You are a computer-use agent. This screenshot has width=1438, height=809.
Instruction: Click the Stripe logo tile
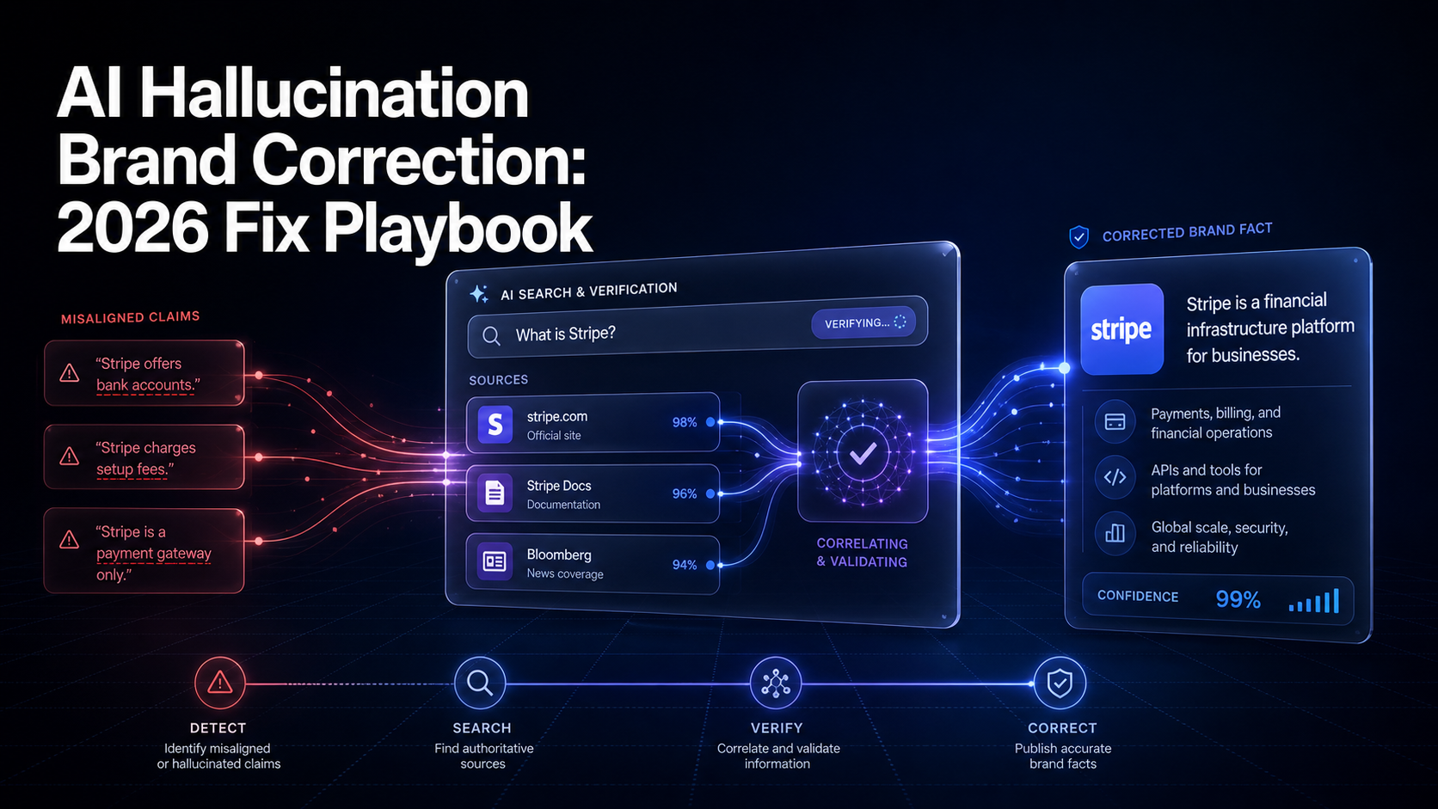1122,329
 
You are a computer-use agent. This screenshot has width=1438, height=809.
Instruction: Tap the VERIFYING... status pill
863,322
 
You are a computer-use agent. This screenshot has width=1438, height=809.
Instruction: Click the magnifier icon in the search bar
491,335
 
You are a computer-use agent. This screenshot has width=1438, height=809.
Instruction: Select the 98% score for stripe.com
685,422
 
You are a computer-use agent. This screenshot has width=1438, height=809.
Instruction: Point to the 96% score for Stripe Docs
685,493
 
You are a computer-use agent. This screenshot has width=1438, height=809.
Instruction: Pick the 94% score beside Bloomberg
685,565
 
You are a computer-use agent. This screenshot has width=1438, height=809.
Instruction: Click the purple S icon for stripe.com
495,424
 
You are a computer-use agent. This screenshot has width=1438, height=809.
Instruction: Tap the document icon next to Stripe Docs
495,493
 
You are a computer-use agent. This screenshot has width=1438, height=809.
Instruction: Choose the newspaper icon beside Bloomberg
495,561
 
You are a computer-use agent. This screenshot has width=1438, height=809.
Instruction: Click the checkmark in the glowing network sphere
863,453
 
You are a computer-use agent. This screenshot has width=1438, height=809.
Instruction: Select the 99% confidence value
1238,599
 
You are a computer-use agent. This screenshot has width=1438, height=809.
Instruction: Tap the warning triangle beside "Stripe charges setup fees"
70,457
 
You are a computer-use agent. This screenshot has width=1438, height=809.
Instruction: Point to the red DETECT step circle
219,683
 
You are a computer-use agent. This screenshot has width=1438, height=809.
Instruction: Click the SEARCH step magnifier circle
480,683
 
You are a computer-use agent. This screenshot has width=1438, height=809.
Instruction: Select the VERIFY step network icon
776,683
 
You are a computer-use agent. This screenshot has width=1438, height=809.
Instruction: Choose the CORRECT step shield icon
1060,683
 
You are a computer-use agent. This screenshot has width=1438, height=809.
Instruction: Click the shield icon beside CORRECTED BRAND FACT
1079,236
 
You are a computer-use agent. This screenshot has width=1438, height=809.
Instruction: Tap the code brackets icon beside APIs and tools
1115,477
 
